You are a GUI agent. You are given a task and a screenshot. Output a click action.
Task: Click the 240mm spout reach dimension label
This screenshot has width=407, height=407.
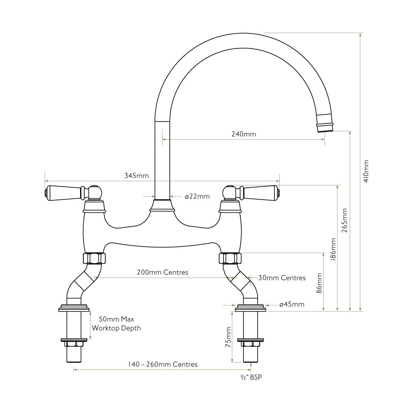(x=244, y=134)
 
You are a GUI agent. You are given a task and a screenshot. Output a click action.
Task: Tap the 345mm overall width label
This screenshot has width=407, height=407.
(x=136, y=176)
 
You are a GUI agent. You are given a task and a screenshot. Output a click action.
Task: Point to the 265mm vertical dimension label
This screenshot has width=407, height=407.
(x=344, y=220)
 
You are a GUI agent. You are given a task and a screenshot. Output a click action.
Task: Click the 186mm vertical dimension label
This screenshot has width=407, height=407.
(x=333, y=249)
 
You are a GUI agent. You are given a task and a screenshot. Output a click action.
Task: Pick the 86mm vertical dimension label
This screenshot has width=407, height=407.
(x=319, y=283)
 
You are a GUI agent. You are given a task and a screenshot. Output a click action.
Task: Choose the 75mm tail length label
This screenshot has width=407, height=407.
(x=228, y=337)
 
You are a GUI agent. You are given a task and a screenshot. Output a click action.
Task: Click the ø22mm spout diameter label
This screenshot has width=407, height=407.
(x=197, y=197)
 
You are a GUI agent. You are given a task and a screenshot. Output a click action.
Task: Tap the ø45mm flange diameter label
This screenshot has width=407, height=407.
(x=292, y=304)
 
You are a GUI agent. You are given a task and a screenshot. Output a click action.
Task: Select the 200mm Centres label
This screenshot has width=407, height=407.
(x=162, y=272)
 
